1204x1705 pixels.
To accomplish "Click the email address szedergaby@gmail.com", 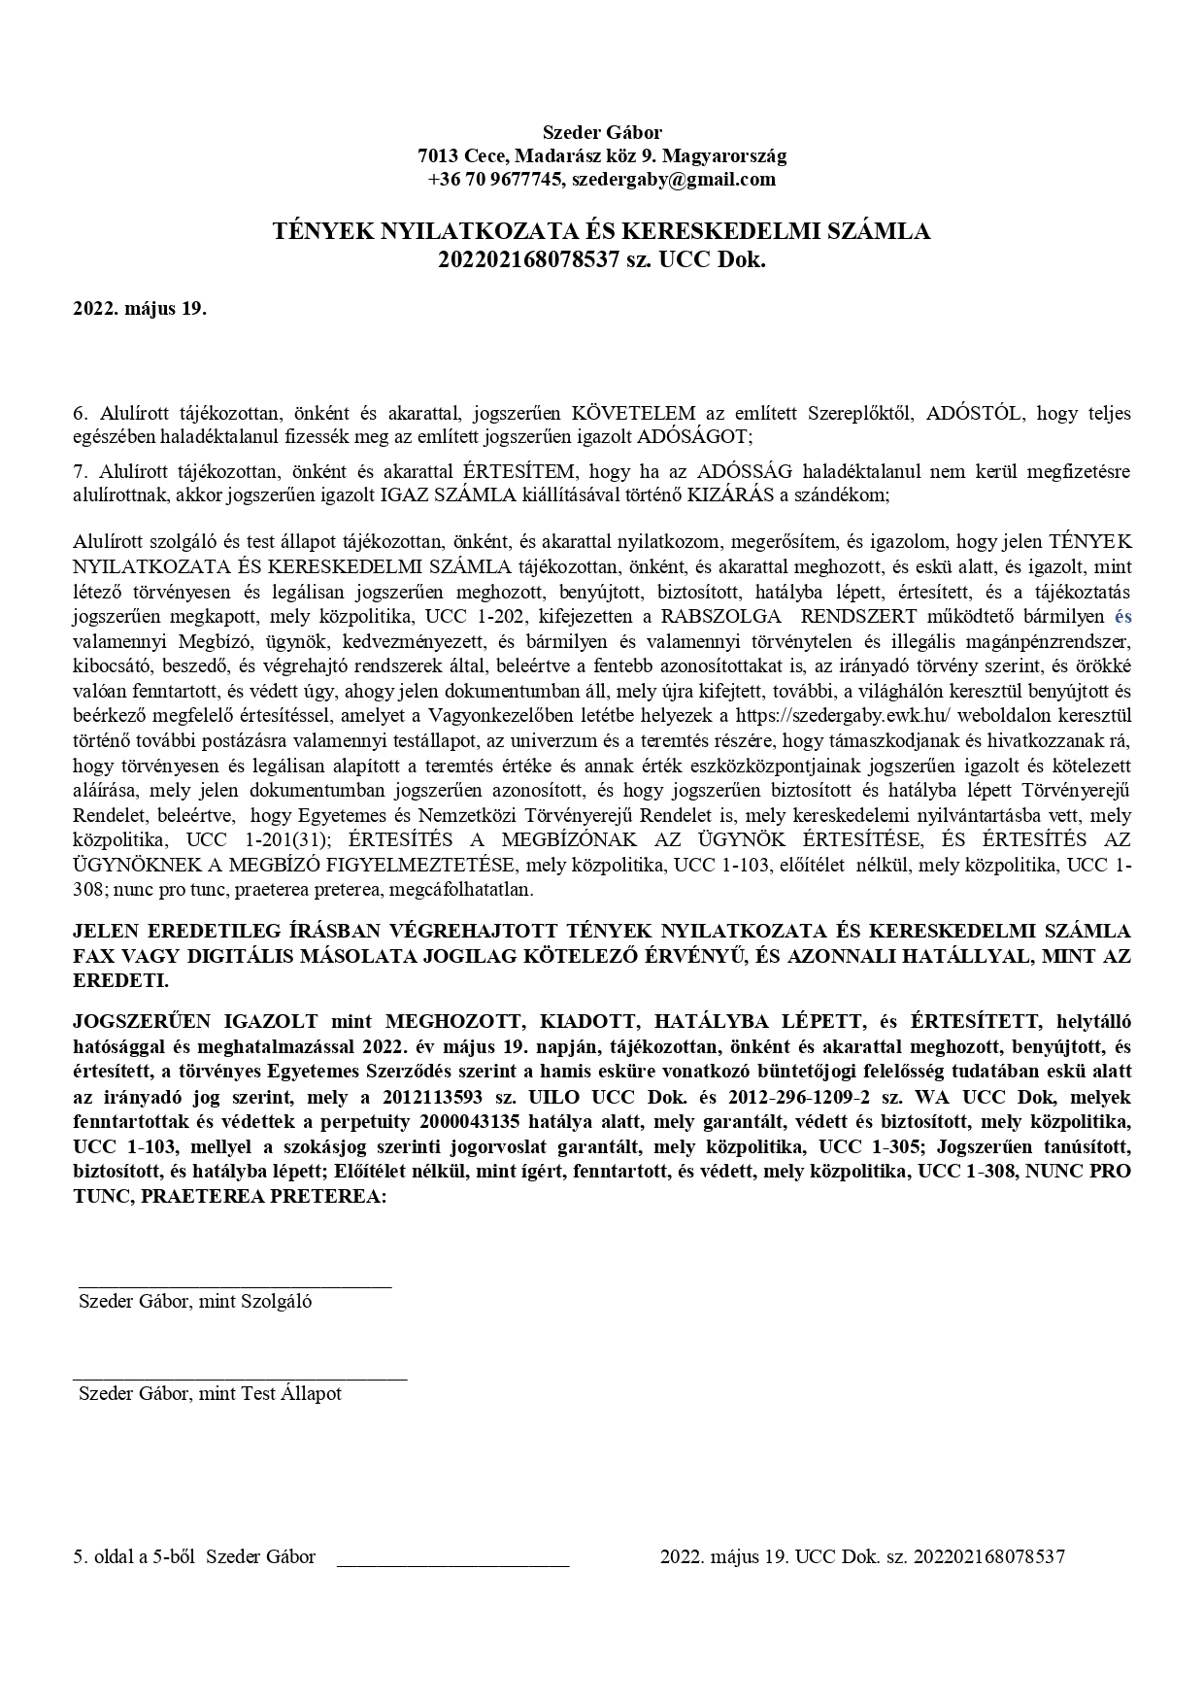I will click(673, 180).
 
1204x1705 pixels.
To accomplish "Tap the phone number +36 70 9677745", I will click(495, 180).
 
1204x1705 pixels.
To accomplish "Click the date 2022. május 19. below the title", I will click(140, 310).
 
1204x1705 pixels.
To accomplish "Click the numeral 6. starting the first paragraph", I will click(81, 413).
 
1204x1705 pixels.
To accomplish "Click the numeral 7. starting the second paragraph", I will click(81, 472).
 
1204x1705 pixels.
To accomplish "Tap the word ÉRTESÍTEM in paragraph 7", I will click(519, 472).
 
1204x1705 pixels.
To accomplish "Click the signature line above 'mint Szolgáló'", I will click(233, 1286).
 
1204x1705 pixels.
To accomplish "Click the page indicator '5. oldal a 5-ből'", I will click(135, 1557).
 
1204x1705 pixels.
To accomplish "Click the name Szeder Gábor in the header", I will click(601, 132).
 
